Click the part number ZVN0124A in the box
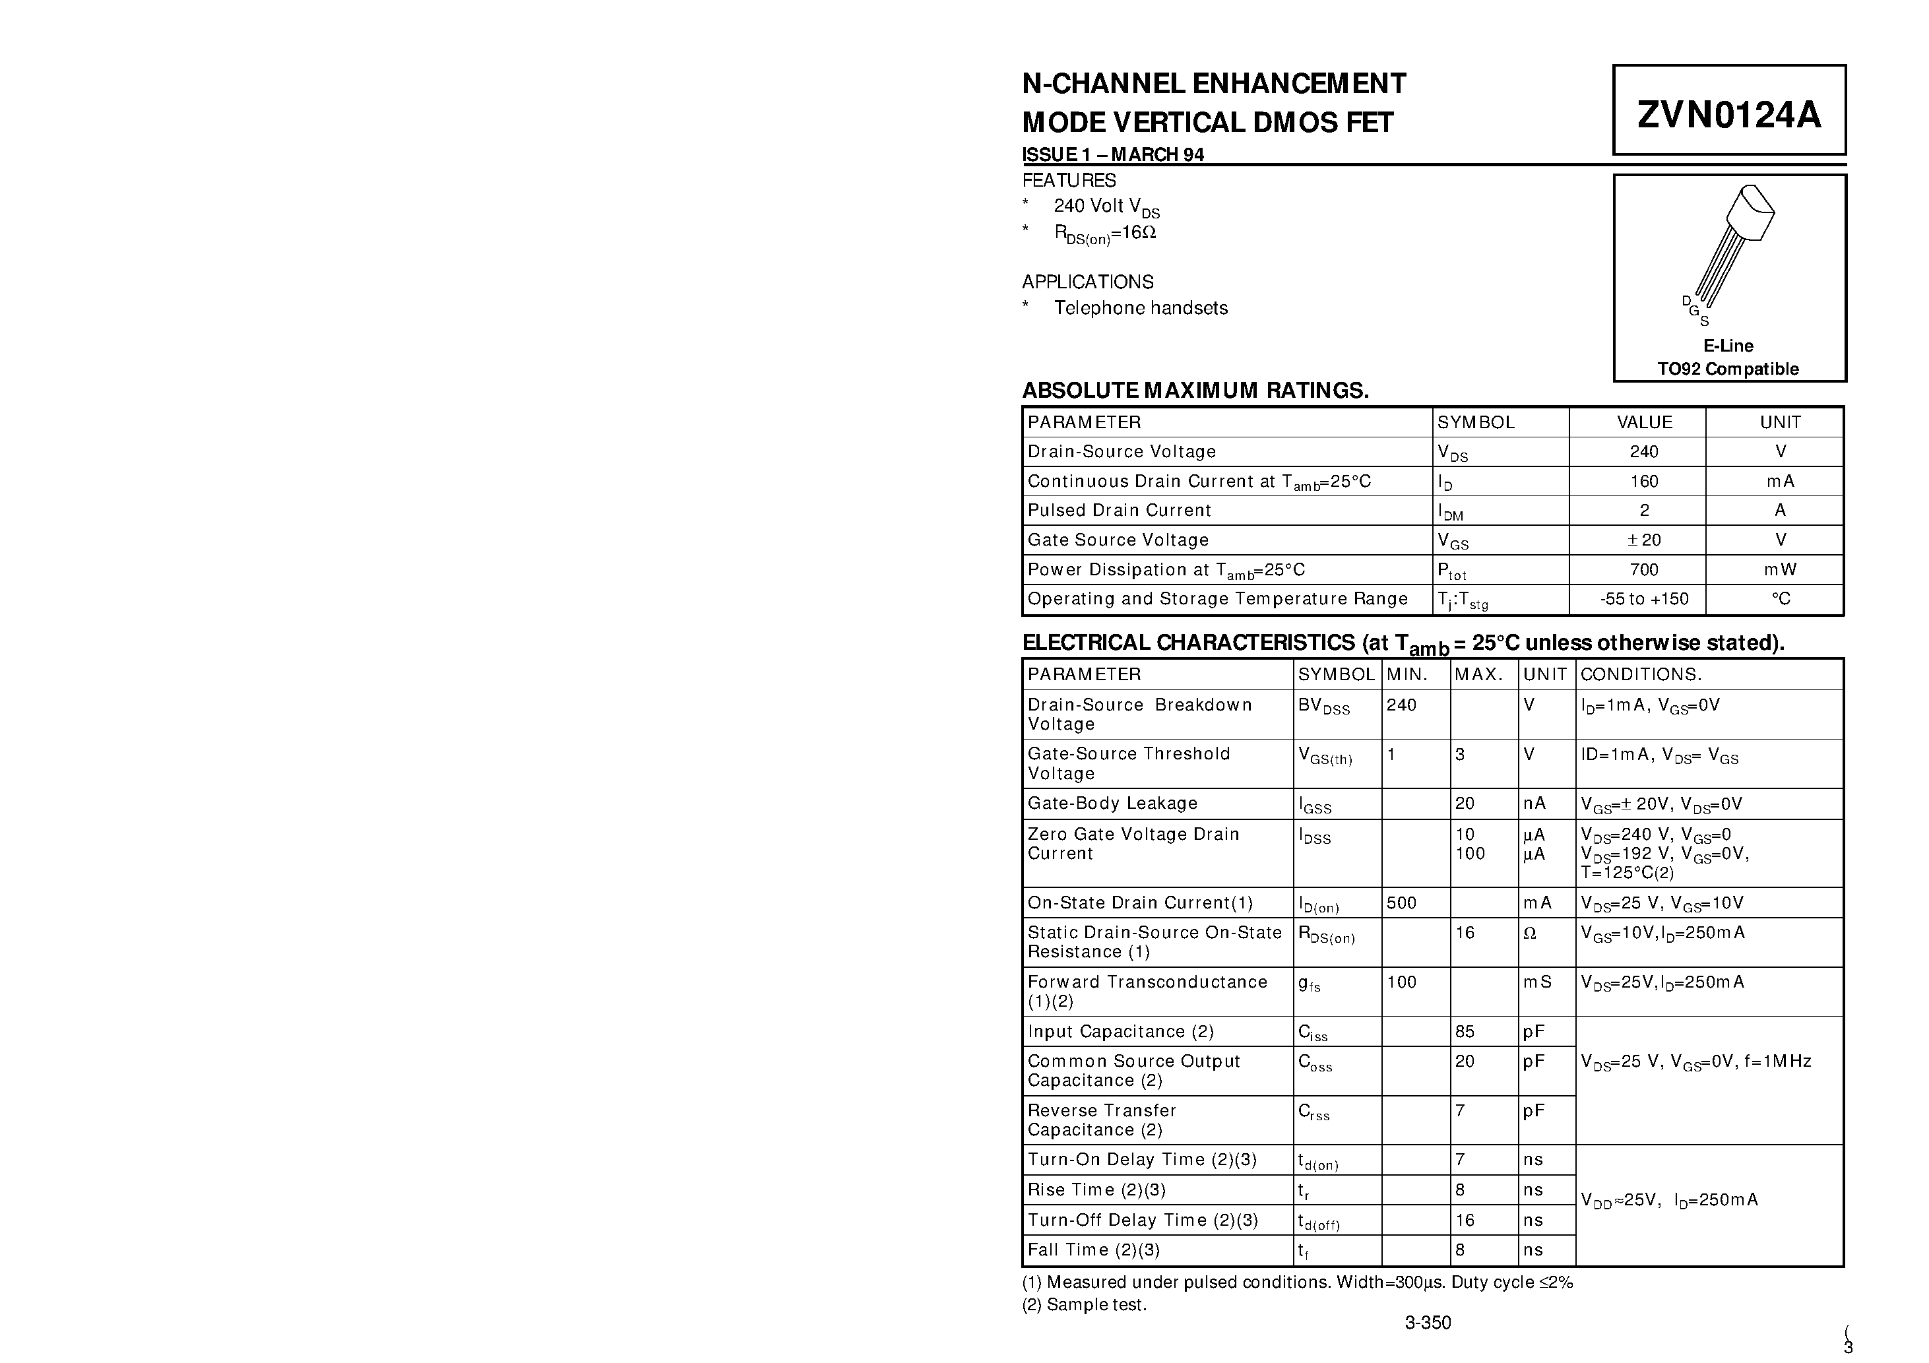coord(1729,114)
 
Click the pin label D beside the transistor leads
coord(1686,301)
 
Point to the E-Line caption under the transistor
coord(1728,346)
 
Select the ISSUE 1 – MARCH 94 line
coord(1112,154)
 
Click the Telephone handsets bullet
coord(1140,308)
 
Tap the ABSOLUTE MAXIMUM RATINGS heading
coord(1195,391)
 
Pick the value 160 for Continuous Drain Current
coord(1644,482)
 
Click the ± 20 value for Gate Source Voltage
coord(1644,540)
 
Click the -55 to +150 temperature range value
coord(1644,599)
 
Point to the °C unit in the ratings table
coord(1781,599)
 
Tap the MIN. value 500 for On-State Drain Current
coord(1401,903)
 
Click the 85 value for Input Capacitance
coord(1465,1032)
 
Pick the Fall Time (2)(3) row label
coord(1093,1250)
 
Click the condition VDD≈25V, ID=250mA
coord(1668,1201)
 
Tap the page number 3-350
coord(1428,1323)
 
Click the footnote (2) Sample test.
coord(1084,1305)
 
